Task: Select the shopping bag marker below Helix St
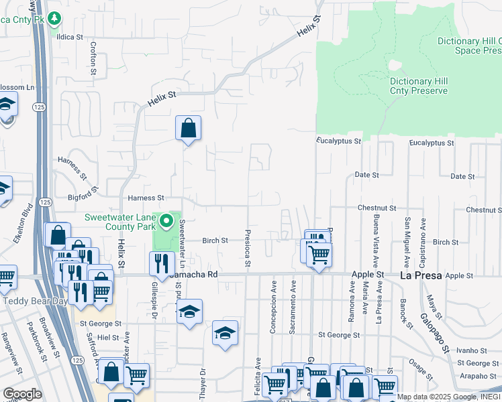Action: (x=188, y=128)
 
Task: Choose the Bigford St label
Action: (x=83, y=198)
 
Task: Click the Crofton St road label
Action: (x=93, y=58)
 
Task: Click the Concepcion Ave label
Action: (x=274, y=306)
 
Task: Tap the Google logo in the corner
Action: (x=22, y=394)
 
